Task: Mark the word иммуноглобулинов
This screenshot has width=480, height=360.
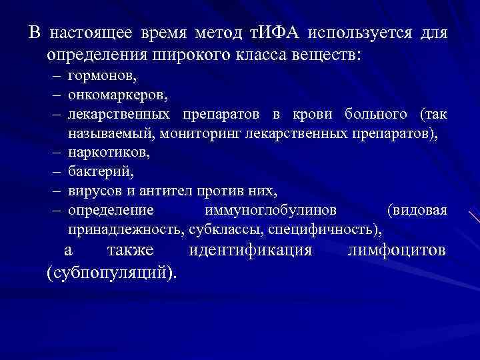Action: coord(270,210)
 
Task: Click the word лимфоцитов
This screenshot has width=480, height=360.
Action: coord(397,251)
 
